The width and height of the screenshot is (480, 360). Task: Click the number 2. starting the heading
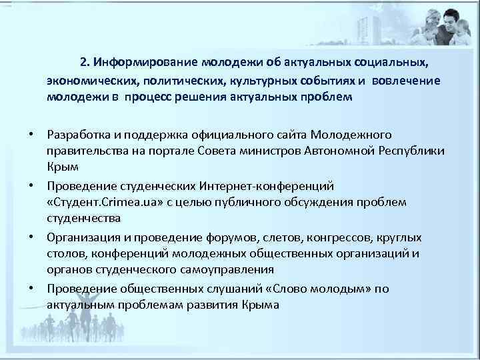coord(84,63)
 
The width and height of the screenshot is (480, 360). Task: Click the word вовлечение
coord(408,81)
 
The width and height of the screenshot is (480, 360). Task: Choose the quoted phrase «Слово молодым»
coord(323,288)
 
